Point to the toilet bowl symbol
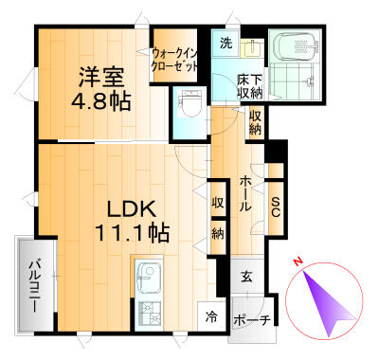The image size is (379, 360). (x=189, y=101)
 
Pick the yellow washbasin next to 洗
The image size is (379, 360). (x=250, y=46)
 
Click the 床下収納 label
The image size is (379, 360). (x=250, y=86)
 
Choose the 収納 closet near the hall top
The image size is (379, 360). (x=256, y=120)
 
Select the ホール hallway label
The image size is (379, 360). (x=244, y=191)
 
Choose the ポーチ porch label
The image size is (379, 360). (x=251, y=320)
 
